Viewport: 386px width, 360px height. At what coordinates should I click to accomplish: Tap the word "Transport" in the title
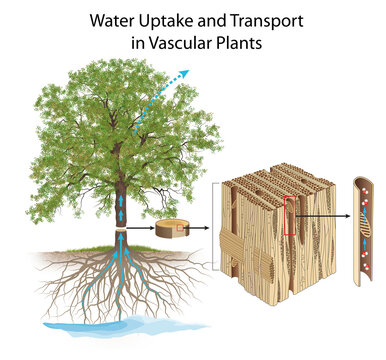click(258, 19)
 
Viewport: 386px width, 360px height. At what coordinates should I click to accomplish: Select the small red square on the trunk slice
click(179, 227)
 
